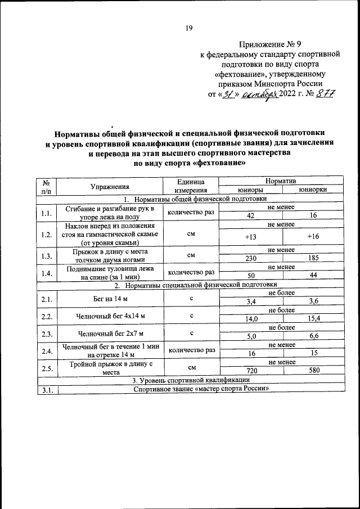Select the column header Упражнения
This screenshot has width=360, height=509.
(x=110, y=186)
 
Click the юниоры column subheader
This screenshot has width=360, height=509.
(x=251, y=190)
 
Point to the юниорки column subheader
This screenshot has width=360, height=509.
(x=313, y=190)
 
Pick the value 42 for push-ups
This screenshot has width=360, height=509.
(x=251, y=215)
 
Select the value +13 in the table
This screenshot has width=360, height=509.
(x=251, y=237)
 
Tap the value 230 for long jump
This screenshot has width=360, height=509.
(x=251, y=259)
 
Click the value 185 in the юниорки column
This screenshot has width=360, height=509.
(x=313, y=259)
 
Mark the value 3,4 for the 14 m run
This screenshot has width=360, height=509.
(x=251, y=302)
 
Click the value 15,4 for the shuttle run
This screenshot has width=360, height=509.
(x=313, y=319)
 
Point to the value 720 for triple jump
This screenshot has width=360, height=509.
(x=251, y=371)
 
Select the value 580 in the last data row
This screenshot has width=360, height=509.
(x=313, y=371)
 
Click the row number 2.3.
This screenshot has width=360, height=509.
(x=47, y=333)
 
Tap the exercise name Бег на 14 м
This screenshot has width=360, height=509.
(x=110, y=298)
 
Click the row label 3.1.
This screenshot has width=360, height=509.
(x=47, y=389)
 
